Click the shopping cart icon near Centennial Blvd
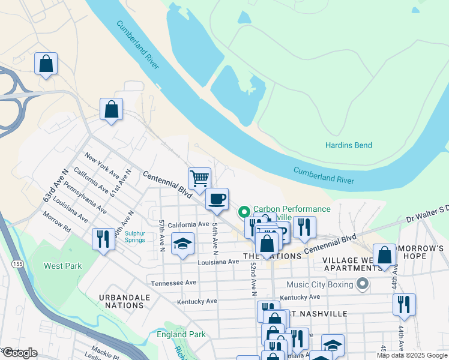199,178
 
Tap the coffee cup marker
217,198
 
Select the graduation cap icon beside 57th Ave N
182,244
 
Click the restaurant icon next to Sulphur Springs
103,239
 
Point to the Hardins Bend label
348,145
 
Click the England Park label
181,334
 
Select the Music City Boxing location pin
361,284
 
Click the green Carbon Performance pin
244,212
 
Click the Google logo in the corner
19,352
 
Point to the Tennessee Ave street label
173,283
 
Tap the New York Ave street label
101,165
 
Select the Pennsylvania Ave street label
85,199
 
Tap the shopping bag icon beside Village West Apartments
385,254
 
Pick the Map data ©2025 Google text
412,355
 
